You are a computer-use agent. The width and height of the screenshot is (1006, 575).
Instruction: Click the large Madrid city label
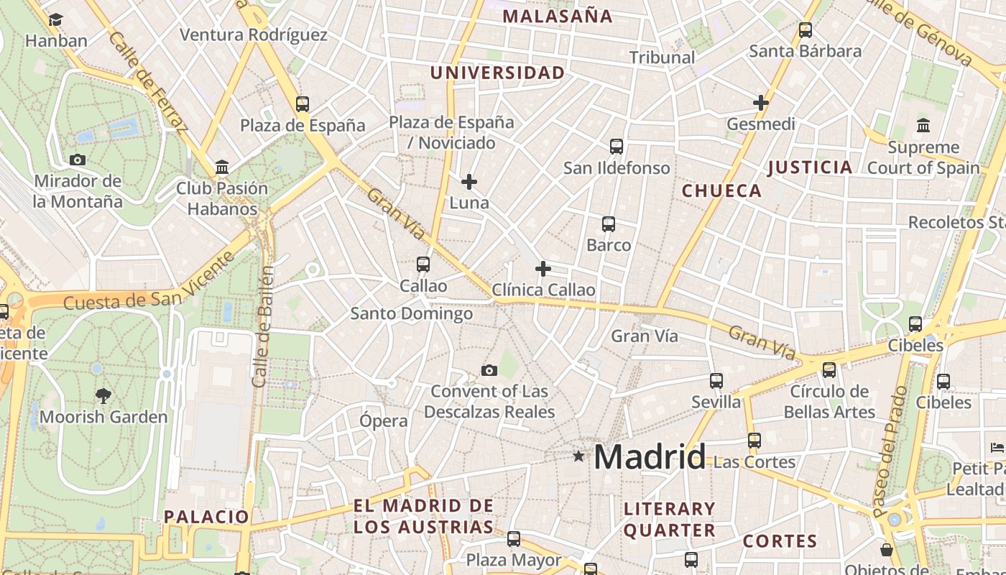[650, 457]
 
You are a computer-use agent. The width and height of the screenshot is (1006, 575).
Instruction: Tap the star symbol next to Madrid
[578, 456]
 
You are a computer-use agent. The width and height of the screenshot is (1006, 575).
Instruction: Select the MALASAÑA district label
[557, 16]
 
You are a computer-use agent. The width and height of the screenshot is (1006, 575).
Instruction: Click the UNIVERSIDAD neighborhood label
[497, 73]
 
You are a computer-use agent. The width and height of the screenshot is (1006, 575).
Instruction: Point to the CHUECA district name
[721, 190]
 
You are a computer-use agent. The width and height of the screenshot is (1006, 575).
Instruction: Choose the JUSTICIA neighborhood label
[810, 167]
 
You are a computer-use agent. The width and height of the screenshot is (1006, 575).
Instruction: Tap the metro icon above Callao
[423, 264]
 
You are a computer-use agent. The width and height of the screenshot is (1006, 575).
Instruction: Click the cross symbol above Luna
[469, 182]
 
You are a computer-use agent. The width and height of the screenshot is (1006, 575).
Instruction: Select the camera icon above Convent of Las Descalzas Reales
[489, 371]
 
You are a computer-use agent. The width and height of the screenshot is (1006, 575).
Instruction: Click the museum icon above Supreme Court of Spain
[923, 126]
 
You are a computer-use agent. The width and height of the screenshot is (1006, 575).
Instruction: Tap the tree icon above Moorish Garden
[103, 395]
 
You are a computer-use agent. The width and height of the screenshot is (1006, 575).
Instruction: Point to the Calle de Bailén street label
[264, 327]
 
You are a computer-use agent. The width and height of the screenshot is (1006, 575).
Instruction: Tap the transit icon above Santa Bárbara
[806, 30]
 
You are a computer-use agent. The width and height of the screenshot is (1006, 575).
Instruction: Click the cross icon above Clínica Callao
[543, 270]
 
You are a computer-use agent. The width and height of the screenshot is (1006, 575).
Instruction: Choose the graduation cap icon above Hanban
[56, 19]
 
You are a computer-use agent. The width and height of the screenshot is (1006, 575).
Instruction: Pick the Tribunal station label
[662, 57]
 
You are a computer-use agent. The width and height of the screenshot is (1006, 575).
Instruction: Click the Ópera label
[384, 420]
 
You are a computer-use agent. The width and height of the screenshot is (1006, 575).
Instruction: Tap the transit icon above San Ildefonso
[616, 147]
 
